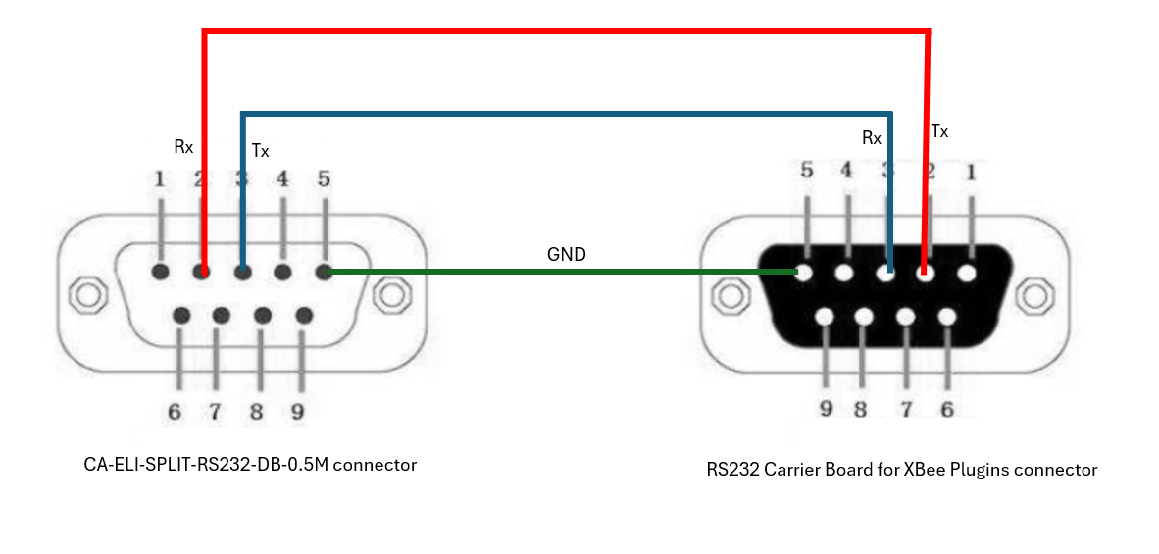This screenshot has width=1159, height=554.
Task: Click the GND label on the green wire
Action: [x=566, y=255]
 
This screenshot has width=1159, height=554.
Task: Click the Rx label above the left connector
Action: [x=183, y=147]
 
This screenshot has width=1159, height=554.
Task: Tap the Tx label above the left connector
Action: [x=260, y=151]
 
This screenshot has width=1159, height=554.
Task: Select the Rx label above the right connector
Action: [x=871, y=138]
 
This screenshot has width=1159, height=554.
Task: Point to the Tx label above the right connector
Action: [x=939, y=130]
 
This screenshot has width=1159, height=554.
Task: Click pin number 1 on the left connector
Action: [x=159, y=179]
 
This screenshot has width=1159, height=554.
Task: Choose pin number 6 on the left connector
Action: [x=175, y=411]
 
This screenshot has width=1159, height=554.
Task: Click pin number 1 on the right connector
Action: [x=971, y=172]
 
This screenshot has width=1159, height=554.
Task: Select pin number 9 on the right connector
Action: [x=827, y=408]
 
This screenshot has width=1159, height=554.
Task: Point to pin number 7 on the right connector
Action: [x=907, y=408]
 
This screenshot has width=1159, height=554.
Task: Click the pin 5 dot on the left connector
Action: [x=324, y=272]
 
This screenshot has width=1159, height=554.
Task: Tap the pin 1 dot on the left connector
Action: [x=160, y=272]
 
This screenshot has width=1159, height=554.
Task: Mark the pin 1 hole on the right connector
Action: [x=967, y=272]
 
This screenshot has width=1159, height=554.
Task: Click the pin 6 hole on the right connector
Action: [x=946, y=317]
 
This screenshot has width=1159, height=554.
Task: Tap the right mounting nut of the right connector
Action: [x=1032, y=294]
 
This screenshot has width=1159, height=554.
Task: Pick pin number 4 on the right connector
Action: [x=847, y=172]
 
